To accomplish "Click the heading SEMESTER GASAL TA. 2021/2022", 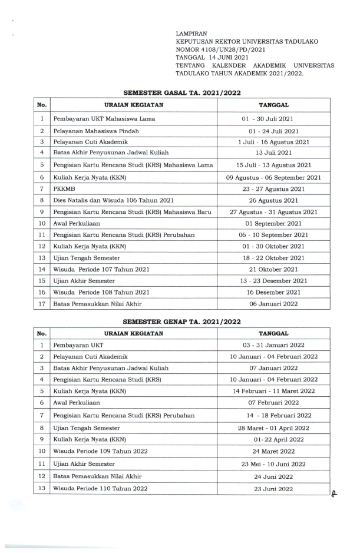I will (182, 93).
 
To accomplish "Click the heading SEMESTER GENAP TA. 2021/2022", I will (182, 322).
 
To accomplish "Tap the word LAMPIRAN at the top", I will (192, 35).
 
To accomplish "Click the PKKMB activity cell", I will (62, 188).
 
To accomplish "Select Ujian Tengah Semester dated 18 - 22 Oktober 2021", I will (87, 258).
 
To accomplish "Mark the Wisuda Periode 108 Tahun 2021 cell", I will (101, 292).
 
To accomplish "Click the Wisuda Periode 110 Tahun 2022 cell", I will (100, 488).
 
